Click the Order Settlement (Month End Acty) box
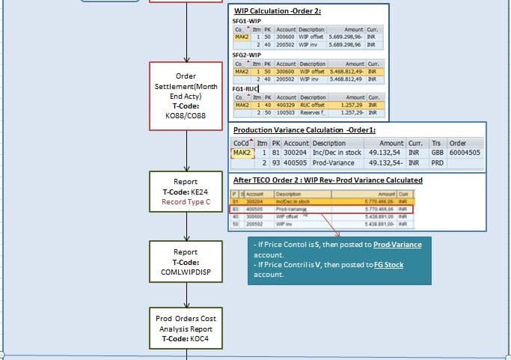point(186,96)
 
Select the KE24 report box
point(186,192)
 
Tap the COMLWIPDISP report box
point(186,262)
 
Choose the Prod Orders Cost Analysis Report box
point(186,329)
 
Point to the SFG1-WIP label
point(247,21)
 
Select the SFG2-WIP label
point(247,55)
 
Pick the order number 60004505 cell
point(465,153)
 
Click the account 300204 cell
point(296,153)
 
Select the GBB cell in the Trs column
point(437,153)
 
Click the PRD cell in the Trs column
point(437,162)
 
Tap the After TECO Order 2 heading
point(328,180)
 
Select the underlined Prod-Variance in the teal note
point(397,245)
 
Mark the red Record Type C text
point(186,202)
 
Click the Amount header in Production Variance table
point(391,143)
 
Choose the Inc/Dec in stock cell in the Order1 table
point(336,153)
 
